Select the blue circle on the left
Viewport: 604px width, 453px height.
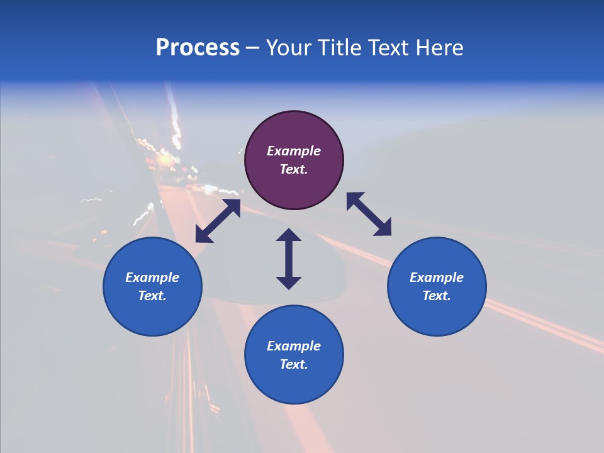[152, 286]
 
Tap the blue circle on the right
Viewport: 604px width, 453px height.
[437, 286]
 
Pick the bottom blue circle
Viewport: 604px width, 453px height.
[294, 355]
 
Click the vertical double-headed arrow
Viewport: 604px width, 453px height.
[289, 259]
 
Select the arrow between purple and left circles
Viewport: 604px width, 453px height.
[218, 221]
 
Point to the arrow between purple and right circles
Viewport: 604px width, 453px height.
[369, 214]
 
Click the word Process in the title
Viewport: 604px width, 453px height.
[198, 48]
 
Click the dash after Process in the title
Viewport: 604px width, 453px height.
[253, 48]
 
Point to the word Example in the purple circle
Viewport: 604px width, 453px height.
[294, 151]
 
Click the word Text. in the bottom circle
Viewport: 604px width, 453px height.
[294, 364]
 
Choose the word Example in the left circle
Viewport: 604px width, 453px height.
[152, 277]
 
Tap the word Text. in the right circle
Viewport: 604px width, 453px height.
[437, 296]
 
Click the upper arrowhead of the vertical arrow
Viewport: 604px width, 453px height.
[289, 235]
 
